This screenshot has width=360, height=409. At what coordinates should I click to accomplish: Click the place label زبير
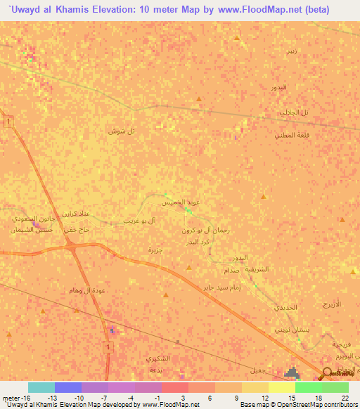[x=291, y=52]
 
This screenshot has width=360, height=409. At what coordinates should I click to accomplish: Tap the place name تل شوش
[x=121, y=131]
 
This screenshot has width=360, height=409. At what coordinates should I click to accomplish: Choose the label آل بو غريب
[x=139, y=220]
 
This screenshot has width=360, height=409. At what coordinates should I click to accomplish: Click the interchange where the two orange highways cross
[x=70, y=245]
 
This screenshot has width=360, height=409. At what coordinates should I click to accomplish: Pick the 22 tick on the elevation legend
[x=344, y=398]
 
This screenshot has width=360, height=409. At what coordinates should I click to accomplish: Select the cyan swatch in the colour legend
[x=41, y=387]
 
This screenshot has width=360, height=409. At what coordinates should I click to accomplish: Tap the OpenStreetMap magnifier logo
[x=327, y=373]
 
